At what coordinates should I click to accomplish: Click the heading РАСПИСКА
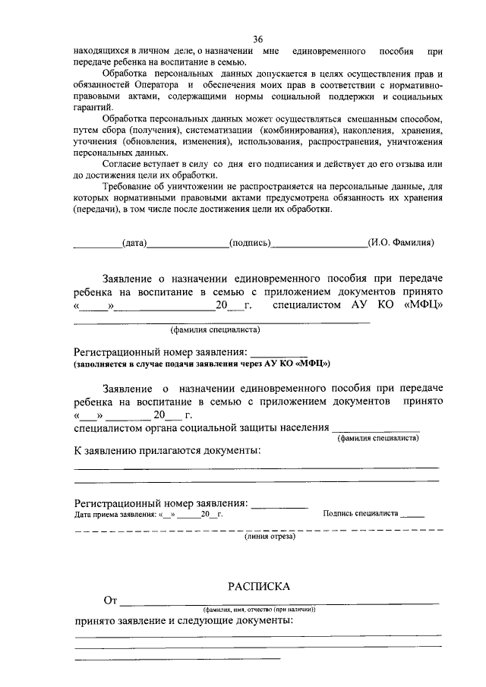click(260, 586)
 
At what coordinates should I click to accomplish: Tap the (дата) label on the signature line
click(134, 243)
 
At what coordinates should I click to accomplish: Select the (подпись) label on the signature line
click(250, 243)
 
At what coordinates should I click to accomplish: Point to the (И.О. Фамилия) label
click(400, 243)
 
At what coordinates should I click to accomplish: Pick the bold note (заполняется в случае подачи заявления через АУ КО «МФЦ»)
click(202, 364)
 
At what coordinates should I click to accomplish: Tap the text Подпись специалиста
click(361, 514)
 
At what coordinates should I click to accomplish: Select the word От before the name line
click(110, 601)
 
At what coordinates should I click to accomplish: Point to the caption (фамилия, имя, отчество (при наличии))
click(259, 610)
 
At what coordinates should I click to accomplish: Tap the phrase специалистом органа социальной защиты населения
click(201, 428)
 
